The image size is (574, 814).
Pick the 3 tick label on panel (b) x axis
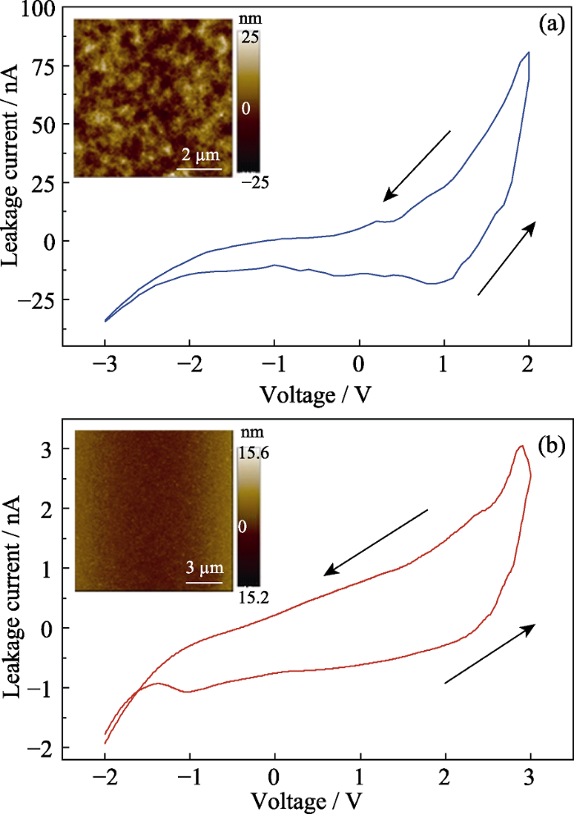click(x=531, y=775)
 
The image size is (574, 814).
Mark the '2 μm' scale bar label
click(x=200, y=157)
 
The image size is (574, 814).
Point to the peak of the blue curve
click(x=529, y=52)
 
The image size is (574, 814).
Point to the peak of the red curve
click(x=522, y=446)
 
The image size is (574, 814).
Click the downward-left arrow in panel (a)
click(x=417, y=165)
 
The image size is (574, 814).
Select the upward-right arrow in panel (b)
click(x=490, y=653)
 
